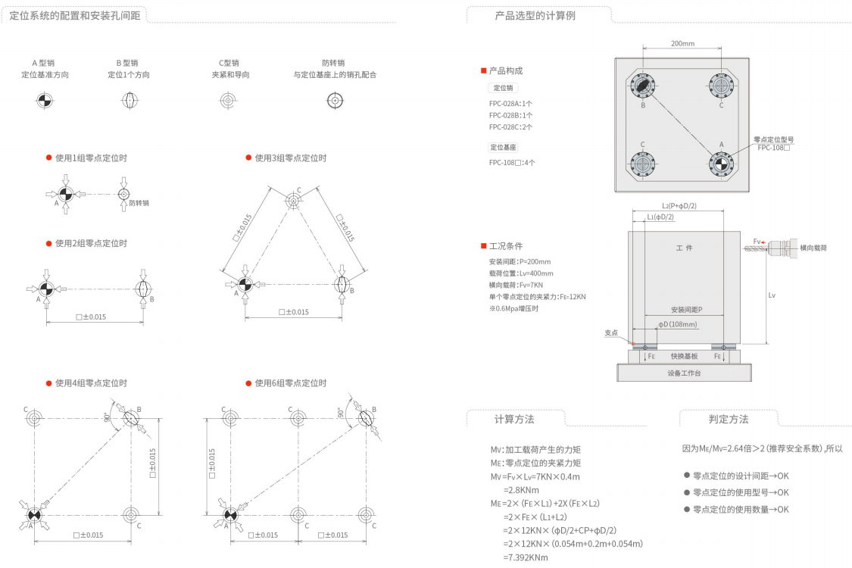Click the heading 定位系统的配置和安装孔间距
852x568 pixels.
pyautogui.click(x=75, y=15)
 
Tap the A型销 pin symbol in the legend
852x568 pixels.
pyautogui.click(x=45, y=101)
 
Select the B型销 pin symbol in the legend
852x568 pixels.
pyautogui.click(x=128, y=101)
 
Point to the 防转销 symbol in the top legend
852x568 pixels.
pyautogui.click(x=334, y=101)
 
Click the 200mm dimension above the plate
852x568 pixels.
pyautogui.click(x=682, y=44)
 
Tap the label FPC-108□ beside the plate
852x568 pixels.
pyautogui.click(x=774, y=148)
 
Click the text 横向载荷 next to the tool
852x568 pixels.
pyautogui.click(x=813, y=248)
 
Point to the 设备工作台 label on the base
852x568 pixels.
pyautogui.click(x=685, y=373)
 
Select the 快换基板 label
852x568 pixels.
pyautogui.click(x=685, y=356)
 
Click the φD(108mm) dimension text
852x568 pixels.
pyautogui.click(x=677, y=325)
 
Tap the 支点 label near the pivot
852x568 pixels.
pyautogui.click(x=611, y=332)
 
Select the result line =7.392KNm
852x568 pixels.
pyautogui.click(x=525, y=557)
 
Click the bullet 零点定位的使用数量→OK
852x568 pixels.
pyautogui.click(x=740, y=510)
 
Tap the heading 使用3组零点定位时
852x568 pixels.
pyautogui.click(x=290, y=158)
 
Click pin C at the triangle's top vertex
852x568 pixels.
pyautogui.click(x=294, y=200)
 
